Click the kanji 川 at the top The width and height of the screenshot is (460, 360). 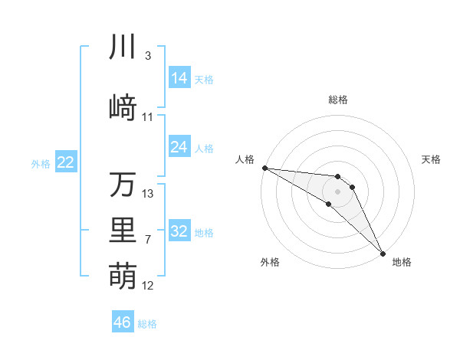[123, 46]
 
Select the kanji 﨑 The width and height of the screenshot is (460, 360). [123, 107]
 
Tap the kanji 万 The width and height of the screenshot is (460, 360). [123, 184]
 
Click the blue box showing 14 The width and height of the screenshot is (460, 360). [179, 78]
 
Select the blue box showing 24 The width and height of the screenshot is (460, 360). [179, 147]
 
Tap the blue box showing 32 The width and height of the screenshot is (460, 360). [179, 232]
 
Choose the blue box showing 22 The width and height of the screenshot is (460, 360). [66, 162]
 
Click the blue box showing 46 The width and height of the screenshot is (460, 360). [123, 322]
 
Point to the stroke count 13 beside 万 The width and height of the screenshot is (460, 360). [148, 194]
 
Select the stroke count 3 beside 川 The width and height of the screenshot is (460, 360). [148, 56]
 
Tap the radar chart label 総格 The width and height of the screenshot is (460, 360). [338, 100]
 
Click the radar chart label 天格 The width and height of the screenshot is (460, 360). [432, 159]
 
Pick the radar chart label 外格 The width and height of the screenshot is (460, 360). [270, 262]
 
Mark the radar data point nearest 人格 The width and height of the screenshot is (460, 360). [264, 168]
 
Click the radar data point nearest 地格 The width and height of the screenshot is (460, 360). [382, 253]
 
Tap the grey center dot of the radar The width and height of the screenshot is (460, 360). [338, 191]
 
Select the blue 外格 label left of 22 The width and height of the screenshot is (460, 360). [41, 163]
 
